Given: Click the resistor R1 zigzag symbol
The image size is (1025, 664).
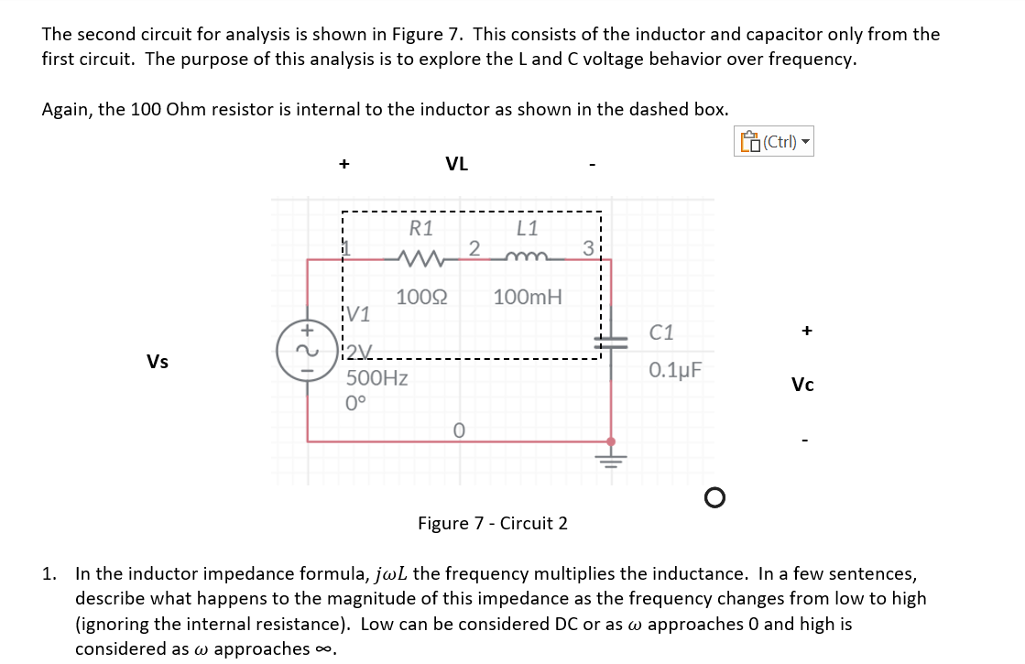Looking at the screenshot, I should pyautogui.click(x=420, y=259).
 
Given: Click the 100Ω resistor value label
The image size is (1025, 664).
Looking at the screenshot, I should pyautogui.click(x=421, y=297).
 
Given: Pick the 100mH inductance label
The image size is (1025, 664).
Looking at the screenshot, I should pyautogui.click(x=528, y=297).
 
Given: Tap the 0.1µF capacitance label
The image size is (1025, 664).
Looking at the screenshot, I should pyautogui.click(x=676, y=370).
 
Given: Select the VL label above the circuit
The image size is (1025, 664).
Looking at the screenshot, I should pyautogui.click(x=456, y=164).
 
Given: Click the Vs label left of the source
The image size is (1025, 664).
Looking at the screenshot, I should pyautogui.click(x=158, y=362).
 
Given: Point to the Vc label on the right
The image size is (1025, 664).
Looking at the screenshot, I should pyautogui.click(x=802, y=385).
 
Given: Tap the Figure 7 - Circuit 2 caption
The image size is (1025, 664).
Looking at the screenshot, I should pyautogui.click(x=493, y=524).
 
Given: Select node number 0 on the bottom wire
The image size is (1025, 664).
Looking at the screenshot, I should pyautogui.click(x=459, y=430).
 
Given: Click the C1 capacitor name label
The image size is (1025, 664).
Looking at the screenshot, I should pyautogui.click(x=660, y=332).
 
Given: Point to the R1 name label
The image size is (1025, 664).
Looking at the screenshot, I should pyautogui.click(x=421, y=227).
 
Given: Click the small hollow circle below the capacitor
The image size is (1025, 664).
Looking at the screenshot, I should pyautogui.click(x=714, y=497).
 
